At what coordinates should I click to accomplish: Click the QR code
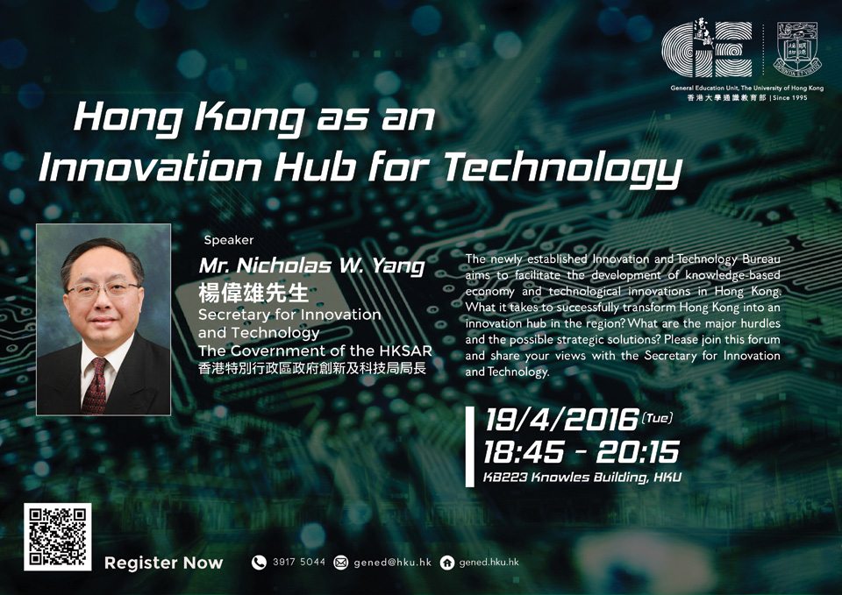tap(58, 536)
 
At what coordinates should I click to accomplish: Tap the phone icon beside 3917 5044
tap(259, 563)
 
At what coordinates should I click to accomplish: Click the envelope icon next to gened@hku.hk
tap(340, 563)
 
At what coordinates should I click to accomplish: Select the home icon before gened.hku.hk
tap(446, 563)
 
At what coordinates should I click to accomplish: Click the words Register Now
tap(163, 563)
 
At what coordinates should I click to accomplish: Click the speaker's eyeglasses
tap(102, 291)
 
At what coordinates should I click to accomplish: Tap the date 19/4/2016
tap(561, 420)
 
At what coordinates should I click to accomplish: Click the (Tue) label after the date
tap(657, 417)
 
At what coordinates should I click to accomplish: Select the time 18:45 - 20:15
tap(581, 452)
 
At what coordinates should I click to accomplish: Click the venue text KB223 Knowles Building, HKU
tap(582, 477)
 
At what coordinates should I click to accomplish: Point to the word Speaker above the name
tap(229, 240)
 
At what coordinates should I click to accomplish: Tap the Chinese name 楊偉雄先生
tap(253, 293)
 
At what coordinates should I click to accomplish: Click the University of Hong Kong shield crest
tap(797, 47)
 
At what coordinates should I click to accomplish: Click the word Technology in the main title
tap(563, 168)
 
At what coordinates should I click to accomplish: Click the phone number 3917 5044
tap(298, 562)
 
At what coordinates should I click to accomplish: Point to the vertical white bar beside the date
tap(470, 446)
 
